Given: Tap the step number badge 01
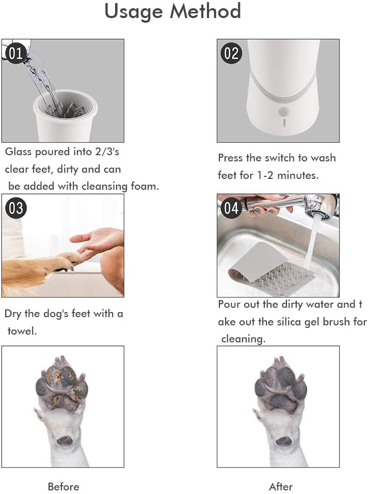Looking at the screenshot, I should tap(15, 54).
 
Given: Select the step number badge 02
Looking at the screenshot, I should tap(232, 54).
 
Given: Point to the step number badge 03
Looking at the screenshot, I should tap(16, 208).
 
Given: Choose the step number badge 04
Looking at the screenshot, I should tap(232, 208).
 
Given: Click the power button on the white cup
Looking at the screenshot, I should tap(282, 111).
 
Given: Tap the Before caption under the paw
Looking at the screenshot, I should tap(63, 486).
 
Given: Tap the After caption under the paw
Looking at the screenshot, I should tap(281, 486).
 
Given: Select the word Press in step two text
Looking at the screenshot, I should tap(231, 158).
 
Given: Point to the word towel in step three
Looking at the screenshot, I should tap(22, 331).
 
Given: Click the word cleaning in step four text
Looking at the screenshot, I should tap(244, 339).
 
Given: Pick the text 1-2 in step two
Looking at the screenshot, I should tap(263, 175).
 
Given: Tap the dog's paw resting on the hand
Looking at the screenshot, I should tap(62, 260).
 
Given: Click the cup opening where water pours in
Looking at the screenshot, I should tap(65, 103).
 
